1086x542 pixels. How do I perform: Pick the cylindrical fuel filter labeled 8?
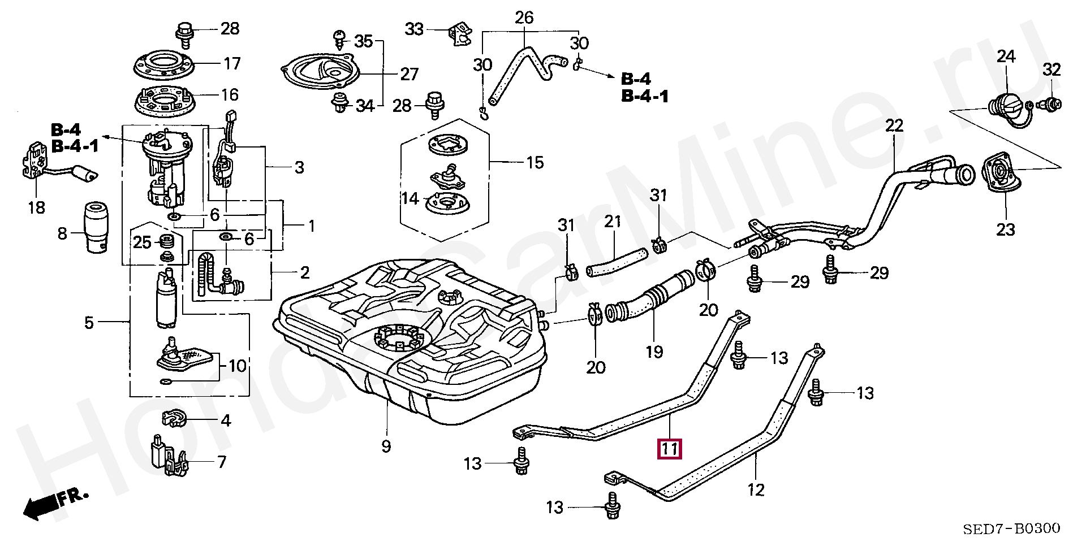(x=94, y=229)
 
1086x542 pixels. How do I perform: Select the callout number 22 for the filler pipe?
(x=894, y=125)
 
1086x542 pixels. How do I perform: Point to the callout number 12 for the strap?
(x=756, y=489)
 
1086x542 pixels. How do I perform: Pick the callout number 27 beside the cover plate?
(x=409, y=74)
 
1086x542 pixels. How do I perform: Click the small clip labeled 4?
(x=174, y=419)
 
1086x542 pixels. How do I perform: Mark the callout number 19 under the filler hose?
(x=654, y=352)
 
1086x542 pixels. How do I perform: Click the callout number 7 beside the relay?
(x=221, y=462)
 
